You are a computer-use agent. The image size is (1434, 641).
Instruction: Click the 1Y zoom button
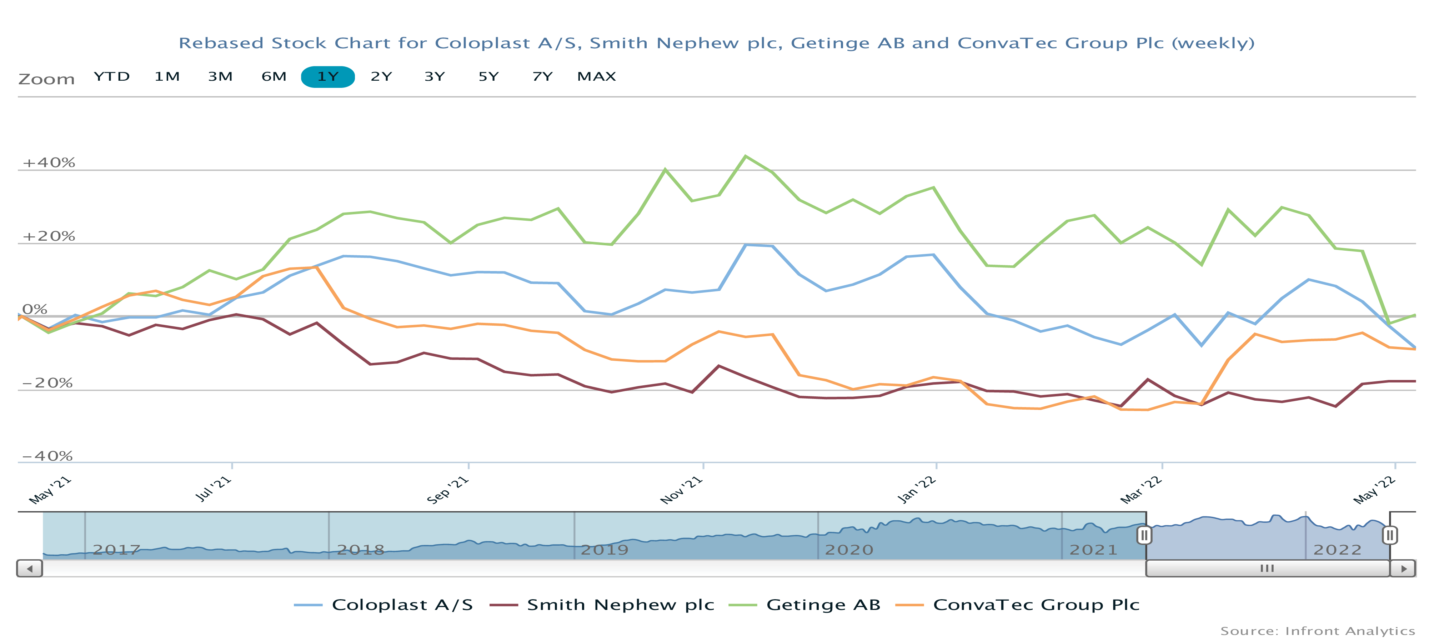coord(327,77)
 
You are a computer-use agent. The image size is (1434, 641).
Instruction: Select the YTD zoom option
coord(111,77)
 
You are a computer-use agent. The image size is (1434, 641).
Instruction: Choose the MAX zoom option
coord(596,77)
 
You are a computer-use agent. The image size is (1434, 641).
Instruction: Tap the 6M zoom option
coord(274,77)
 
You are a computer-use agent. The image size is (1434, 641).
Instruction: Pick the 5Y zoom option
coord(488,77)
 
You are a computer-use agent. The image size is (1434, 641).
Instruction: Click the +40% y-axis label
coord(49,162)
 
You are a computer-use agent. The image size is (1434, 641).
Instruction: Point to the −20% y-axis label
coord(47,383)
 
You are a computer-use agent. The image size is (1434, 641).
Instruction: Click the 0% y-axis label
coord(35,310)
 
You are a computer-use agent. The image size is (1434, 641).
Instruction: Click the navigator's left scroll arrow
coord(30,569)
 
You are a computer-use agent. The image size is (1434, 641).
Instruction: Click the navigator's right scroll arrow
coord(1403,569)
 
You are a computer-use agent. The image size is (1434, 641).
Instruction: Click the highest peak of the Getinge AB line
coord(746,156)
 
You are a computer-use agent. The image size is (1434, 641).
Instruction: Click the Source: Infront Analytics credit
coord(1317,631)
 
